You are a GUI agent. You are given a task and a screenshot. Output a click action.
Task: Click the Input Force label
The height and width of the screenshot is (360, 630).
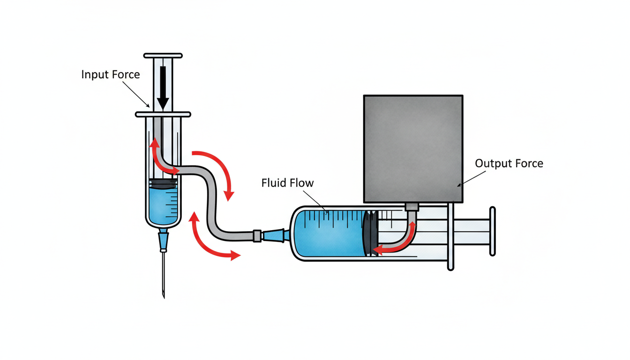pos(111,75)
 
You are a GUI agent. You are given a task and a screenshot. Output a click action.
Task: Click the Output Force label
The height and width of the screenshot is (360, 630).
pos(509,164)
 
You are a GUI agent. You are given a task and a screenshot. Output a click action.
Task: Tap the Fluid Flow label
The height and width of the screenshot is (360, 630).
pos(287,183)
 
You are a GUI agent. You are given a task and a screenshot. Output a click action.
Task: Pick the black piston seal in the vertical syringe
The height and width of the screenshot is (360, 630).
pos(163,184)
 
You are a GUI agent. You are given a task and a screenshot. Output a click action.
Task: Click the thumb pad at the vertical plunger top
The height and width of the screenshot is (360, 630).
pos(163,56)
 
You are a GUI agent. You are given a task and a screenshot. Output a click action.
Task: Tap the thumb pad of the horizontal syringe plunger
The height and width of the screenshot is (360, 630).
pos(492,232)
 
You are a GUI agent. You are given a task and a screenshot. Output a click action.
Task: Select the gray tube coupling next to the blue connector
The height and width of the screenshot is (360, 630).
pos(257,235)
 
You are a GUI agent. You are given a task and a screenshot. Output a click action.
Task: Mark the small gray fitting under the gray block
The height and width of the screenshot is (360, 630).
pos(411,207)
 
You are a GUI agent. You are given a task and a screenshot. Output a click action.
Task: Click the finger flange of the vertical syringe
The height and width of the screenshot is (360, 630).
pos(163,114)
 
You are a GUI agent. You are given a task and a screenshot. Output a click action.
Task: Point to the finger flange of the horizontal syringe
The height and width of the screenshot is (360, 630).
pos(450,237)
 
